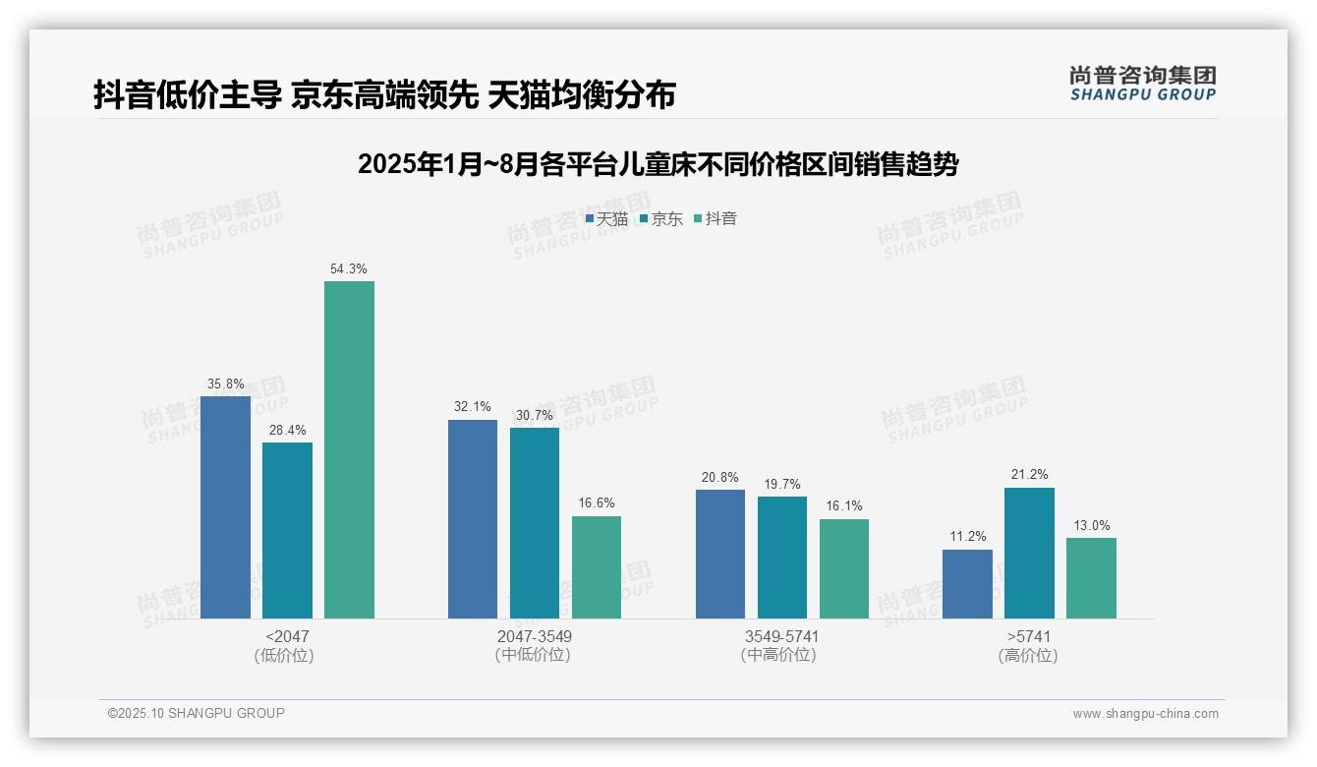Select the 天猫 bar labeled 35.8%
[225, 506]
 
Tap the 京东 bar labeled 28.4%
[287, 530]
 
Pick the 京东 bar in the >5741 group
[1029, 553]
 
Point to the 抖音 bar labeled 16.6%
[597, 566]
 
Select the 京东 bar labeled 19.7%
[781, 557]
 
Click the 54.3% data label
[349, 268]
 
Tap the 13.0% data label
[1091, 525]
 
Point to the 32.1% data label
[473, 407]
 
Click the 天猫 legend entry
[606, 219]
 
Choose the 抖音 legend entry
[716, 219]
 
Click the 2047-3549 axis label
[534, 636]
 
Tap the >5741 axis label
[1029, 636]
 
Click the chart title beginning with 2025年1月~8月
[658, 164]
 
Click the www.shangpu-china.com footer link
[1145, 714]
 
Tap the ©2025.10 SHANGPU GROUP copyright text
[197, 713]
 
